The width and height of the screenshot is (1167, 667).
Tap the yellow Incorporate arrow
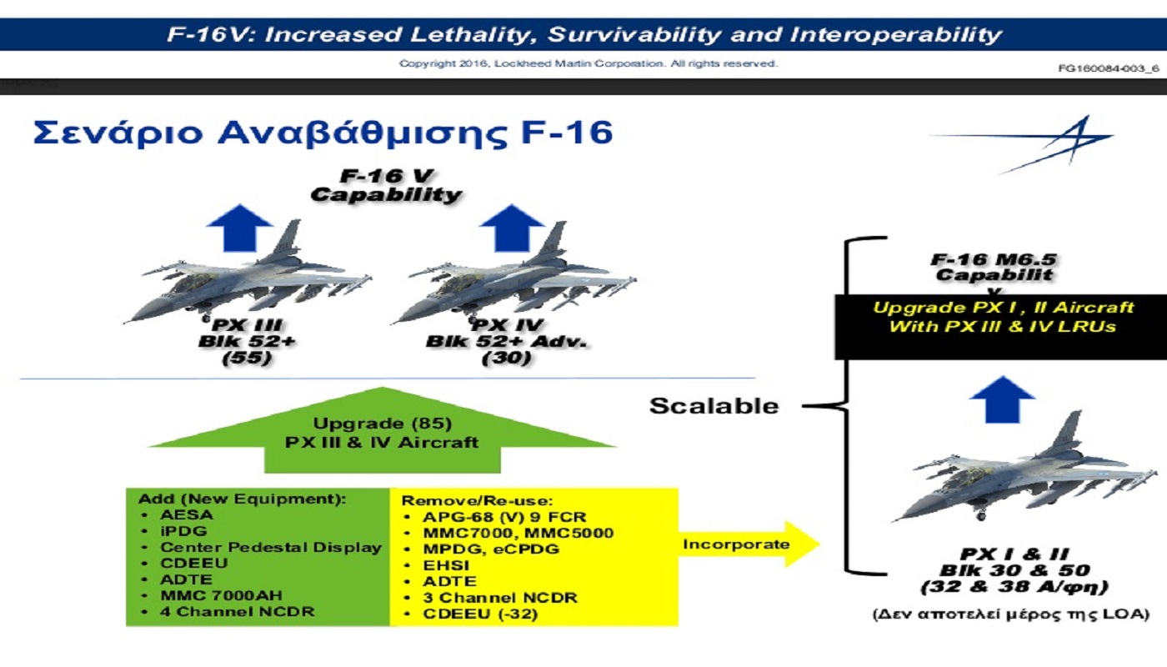(x=749, y=544)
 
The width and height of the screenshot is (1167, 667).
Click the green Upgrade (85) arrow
(x=383, y=430)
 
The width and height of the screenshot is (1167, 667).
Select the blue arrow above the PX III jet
(x=240, y=228)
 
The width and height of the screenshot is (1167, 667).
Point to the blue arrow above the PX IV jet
(x=512, y=228)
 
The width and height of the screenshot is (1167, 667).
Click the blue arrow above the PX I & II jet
(x=1002, y=399)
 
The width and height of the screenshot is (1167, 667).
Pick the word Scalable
(x=714, y=406)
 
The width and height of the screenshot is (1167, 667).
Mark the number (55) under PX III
(x=247, y=358)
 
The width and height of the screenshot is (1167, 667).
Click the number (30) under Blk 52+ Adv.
(x=507, y=358)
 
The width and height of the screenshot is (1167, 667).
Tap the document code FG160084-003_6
(x=1108, y=68)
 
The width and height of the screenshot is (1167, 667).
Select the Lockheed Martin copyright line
(x=589, y=63)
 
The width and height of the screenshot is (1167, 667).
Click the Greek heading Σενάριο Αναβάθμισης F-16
(x=323, y=133)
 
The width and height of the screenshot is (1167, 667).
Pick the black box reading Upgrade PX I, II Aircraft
(x=1000, y=327)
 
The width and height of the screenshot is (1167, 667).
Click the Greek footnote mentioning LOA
(x=1010, y=614)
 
